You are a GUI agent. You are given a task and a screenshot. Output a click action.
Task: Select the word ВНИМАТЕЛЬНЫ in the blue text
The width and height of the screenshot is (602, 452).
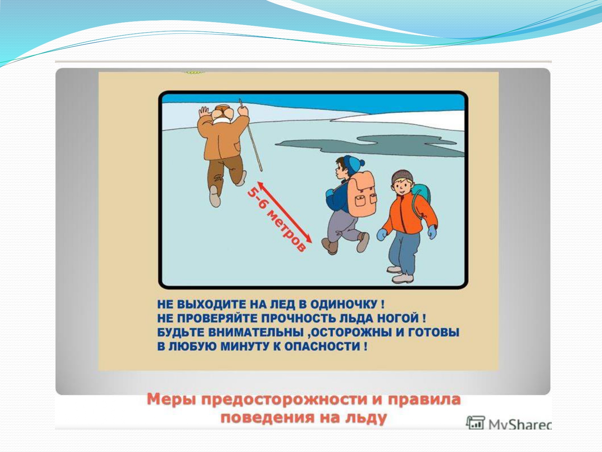pos(256,332)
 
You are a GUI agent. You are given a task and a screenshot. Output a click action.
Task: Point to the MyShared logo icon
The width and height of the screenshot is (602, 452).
pos(476,423)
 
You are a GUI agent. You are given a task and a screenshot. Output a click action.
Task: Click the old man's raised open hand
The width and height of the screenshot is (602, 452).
pos(203,112)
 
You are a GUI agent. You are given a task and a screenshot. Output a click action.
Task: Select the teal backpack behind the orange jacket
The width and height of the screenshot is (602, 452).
pos(421,195)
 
